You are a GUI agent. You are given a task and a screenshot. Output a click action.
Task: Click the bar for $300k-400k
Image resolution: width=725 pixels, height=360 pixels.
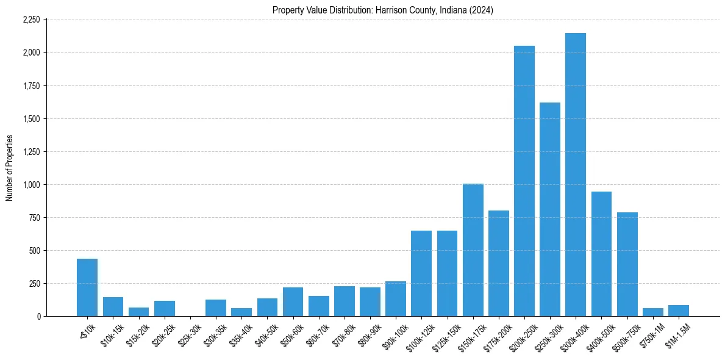tap(575, 175)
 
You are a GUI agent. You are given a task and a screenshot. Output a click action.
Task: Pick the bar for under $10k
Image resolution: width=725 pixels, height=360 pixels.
tap(87, 287)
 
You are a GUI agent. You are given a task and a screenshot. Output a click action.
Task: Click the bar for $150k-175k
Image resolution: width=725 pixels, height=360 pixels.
tap(473, 250)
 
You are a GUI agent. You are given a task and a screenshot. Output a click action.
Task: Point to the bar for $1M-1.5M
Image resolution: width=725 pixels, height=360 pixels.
tap(678, 311)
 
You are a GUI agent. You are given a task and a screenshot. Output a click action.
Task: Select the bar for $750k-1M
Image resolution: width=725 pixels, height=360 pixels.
tap(652, 312)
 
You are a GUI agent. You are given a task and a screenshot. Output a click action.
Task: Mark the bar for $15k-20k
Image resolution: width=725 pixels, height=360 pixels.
tap(138, 312)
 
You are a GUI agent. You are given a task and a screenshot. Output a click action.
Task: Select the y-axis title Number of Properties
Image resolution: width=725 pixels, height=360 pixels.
tap(10, 168)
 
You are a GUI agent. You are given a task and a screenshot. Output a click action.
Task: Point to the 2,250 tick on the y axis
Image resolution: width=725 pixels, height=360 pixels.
tap(30, 20)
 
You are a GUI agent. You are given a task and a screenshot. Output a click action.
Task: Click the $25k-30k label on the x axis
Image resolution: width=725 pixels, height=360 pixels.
tap(189, 333)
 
